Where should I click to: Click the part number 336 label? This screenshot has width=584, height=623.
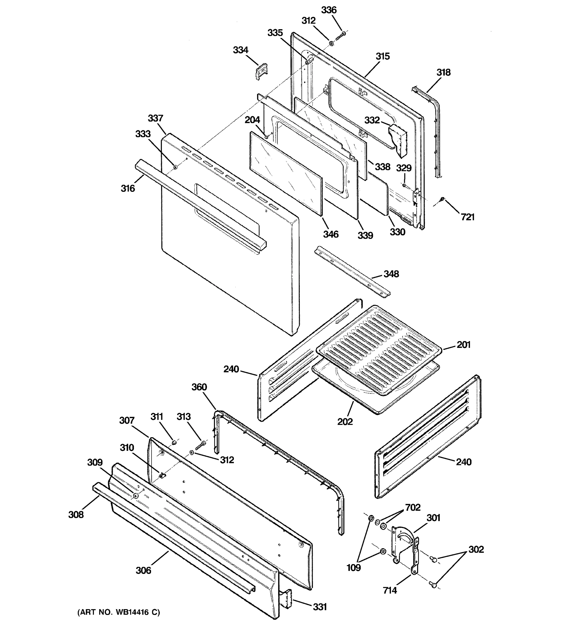[329, 10]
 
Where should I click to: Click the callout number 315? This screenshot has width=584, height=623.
[383, 56]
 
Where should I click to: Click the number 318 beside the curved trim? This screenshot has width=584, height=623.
[443, 72]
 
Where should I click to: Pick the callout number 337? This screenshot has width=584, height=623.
[155, 118]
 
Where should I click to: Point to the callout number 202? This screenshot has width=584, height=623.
[345, 422]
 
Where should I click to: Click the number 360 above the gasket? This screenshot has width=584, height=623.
[199, 387]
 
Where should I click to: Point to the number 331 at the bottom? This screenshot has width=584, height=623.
[320, 607]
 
